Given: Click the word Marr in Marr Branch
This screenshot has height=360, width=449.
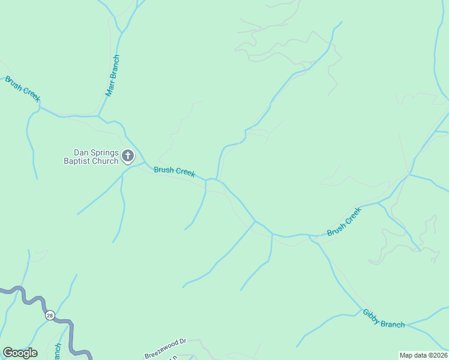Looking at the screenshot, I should pos(109,89).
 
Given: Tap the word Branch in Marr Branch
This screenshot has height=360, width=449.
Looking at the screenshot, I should pos(115,68).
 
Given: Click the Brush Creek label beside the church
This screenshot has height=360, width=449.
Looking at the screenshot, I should pos(174,171).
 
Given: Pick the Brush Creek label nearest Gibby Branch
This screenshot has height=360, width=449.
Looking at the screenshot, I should pos(344,222).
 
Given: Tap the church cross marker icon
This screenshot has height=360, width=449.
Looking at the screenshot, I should pos(128,157).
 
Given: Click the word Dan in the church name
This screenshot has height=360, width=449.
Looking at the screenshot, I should pos(81,152).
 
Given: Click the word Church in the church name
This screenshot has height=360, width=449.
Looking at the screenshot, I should pos(104,161).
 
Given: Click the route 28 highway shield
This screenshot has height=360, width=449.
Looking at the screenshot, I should pos(49,315).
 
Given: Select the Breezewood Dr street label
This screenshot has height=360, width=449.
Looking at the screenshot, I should pos(165,347).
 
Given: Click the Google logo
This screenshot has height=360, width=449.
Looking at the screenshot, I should pos(20,353).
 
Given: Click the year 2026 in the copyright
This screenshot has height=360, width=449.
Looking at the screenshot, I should pos(438,355).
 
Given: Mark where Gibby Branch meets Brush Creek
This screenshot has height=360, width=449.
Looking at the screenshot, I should pos(309,236).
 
